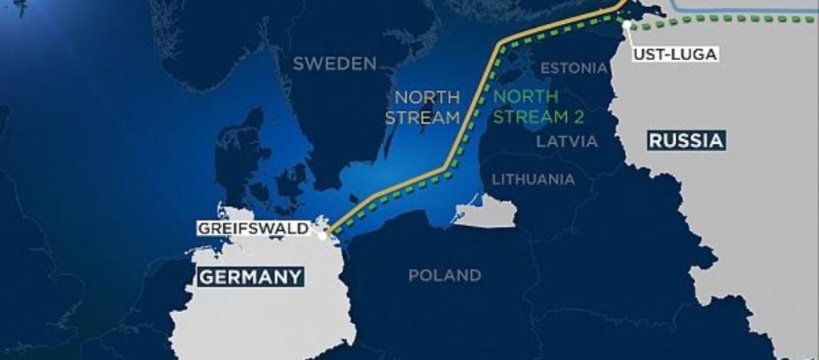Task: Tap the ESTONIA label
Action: [x=573, y=68]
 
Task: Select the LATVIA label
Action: [x=567, y=142]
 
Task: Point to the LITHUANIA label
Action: [x=533, y=178]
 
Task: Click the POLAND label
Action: [x=445, y=276]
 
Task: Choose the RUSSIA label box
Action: [x=686, y=142]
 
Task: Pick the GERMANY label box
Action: [x=250, y=277]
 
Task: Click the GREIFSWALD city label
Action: [x=252, y=229]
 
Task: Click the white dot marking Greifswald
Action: [x=323, y=235]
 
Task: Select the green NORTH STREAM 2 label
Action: [x=538, y=107]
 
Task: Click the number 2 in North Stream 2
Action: [x=578, y=118]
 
